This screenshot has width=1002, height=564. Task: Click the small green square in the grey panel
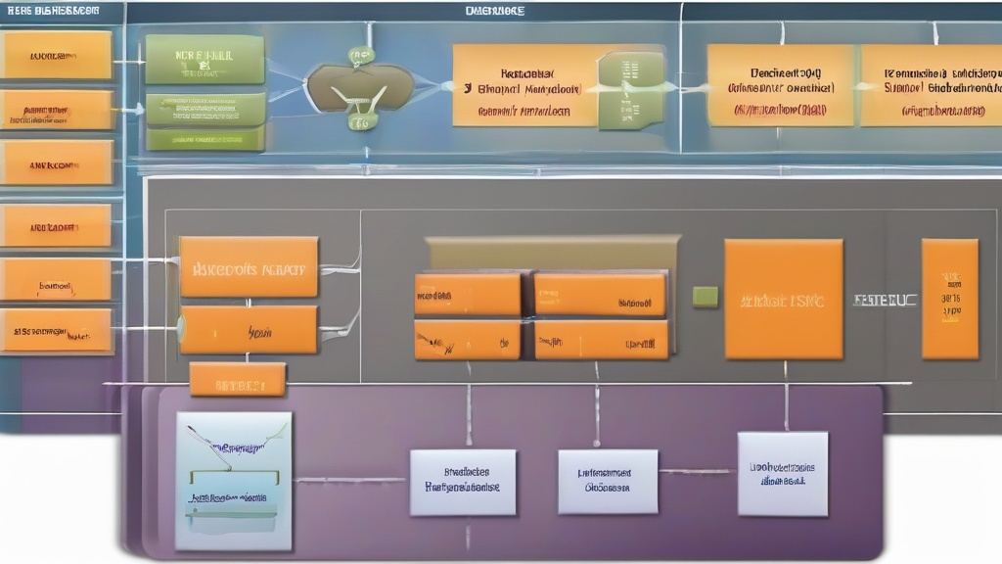[x=705, y=297]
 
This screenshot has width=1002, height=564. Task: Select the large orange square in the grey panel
[x=783, y=299]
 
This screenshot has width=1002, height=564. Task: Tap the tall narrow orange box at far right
[x=949, y=299]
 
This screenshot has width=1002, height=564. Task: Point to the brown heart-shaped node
[x=359, y=88]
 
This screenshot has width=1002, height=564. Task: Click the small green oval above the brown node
[x=361, y=55]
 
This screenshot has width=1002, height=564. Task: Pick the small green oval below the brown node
[x=360, y=121]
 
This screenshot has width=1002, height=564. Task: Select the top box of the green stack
[x=205, y=60]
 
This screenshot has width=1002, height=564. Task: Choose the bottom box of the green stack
[x=205, y=139]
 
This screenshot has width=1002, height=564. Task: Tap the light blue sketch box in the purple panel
[x=234, y=480]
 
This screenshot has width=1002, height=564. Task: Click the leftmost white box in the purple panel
[x=463, y=482]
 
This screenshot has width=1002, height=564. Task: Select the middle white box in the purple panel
[x=608, y=481]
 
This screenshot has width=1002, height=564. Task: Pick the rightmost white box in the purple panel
[x=783, y=474]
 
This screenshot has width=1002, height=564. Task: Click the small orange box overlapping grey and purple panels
[x=238, y=379]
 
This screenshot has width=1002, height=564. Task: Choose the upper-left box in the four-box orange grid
[x=468, y=294]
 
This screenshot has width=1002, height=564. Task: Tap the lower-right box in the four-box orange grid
[x=601, y=340]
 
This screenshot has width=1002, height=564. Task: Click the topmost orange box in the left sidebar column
[x=56, y=55]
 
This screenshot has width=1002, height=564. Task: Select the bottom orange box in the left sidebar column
[x=56, y=331]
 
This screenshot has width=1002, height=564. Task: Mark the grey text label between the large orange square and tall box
[x=885, y=300]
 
